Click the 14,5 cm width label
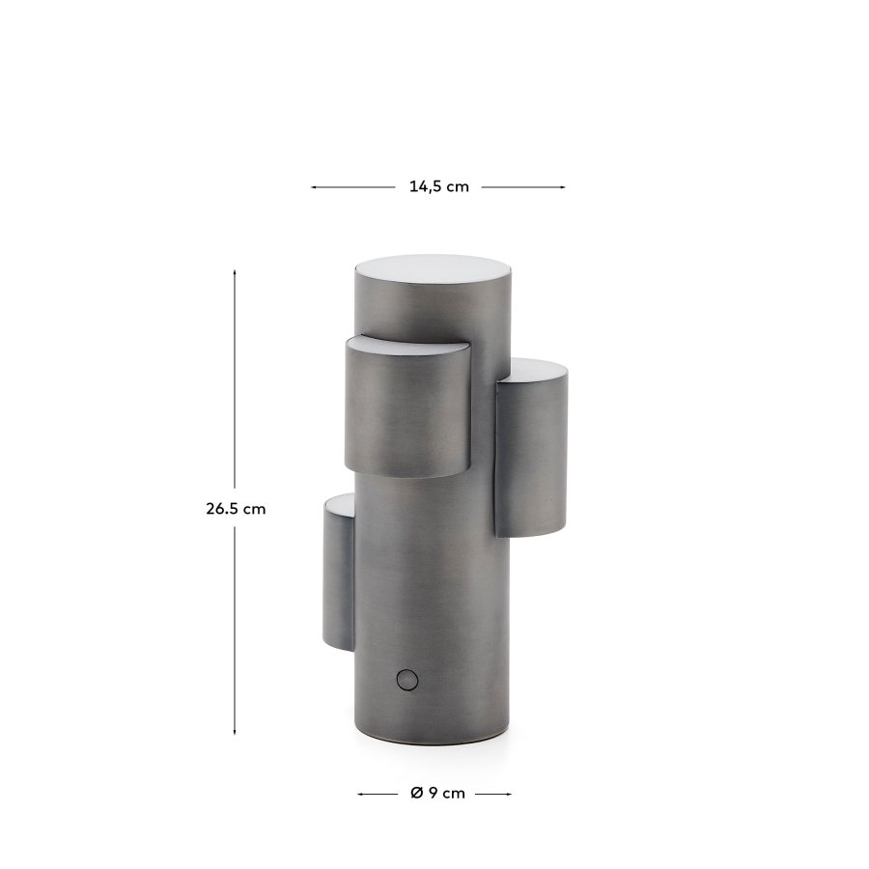tap(438, 187)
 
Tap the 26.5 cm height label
tap(235, 509)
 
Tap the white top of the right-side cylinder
tap(536, 369)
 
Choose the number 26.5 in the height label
tap(221, 509)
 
